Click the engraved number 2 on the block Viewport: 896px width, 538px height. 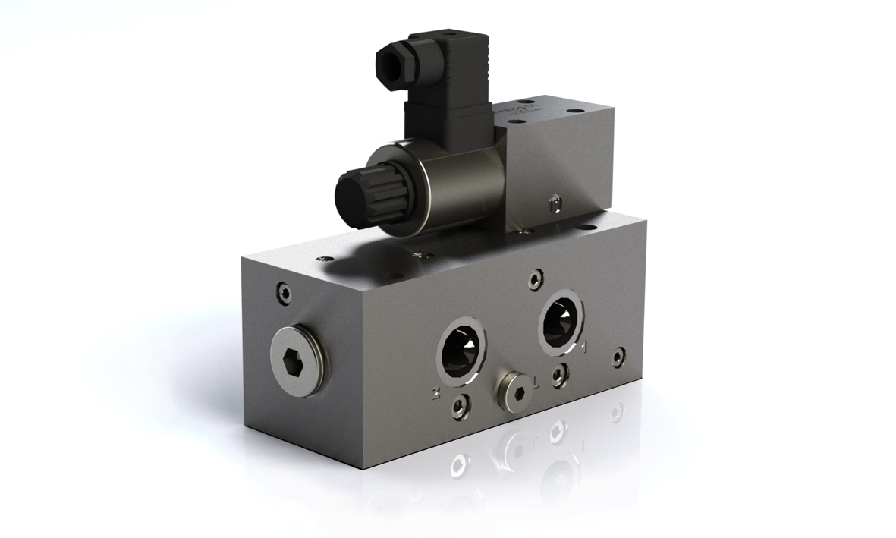point(435,393)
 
